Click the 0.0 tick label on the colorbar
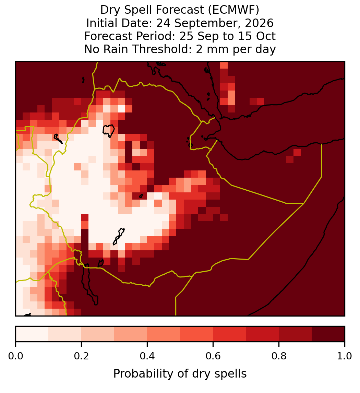(x=15, y=356)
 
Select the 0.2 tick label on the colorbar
(x=81, y=356)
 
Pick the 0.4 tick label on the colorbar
(x=147, y=356)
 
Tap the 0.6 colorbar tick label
(x=213, y=356)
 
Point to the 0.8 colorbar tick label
(x=279, y=356)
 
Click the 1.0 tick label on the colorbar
(x=345, y=356)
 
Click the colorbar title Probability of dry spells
(x=180, y=374)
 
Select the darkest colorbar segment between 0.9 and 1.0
(x=328, y=334)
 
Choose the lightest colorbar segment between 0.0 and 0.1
(x=32, y=334)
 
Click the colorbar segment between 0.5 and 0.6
(x=197, y=334)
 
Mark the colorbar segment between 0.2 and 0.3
(x=98, y=334)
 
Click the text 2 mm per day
(x=236, y=49)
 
